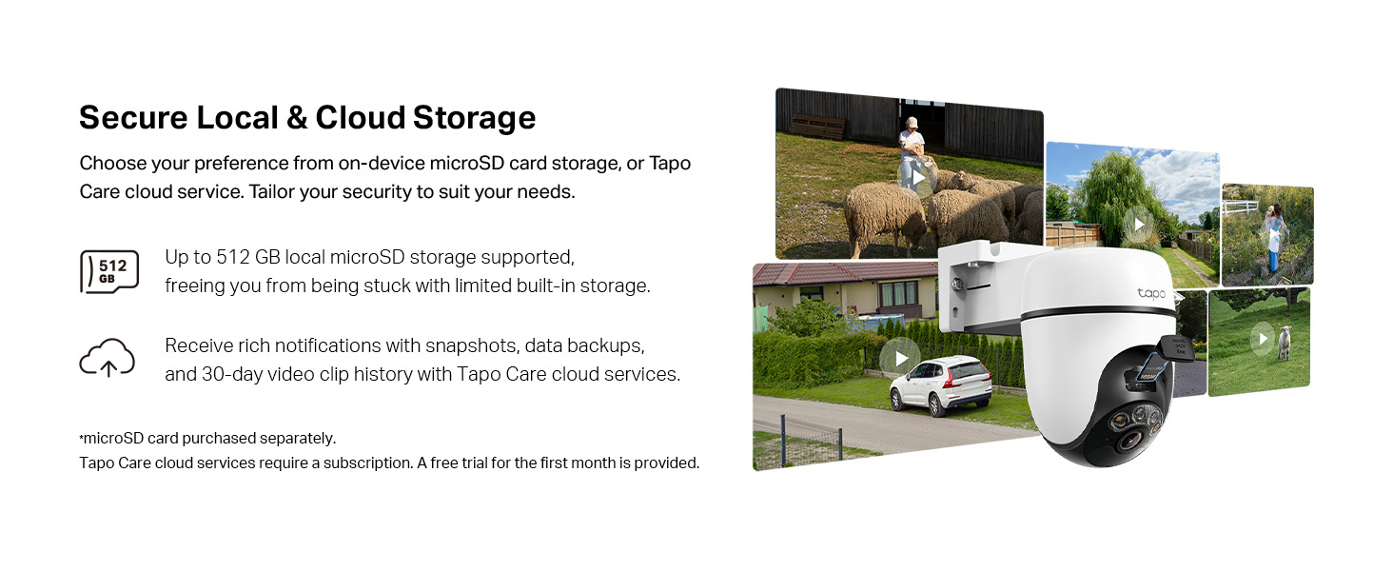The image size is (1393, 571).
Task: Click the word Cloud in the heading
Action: click(x=361, y=118)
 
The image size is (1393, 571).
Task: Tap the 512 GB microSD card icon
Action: click(x=109, y=271)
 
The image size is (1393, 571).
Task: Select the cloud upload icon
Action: click(x=107, y=358)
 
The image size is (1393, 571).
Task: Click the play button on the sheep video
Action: click(x=918, y=178)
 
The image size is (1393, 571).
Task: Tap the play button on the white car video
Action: click(x=900, y=359)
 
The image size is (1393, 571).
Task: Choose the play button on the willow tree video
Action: click(x=1138, y=226)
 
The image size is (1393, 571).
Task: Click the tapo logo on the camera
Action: click(x=1151, y=294)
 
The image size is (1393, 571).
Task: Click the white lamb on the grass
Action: click(x=1285, y=343)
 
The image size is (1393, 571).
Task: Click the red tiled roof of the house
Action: click(x=837, y=274)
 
